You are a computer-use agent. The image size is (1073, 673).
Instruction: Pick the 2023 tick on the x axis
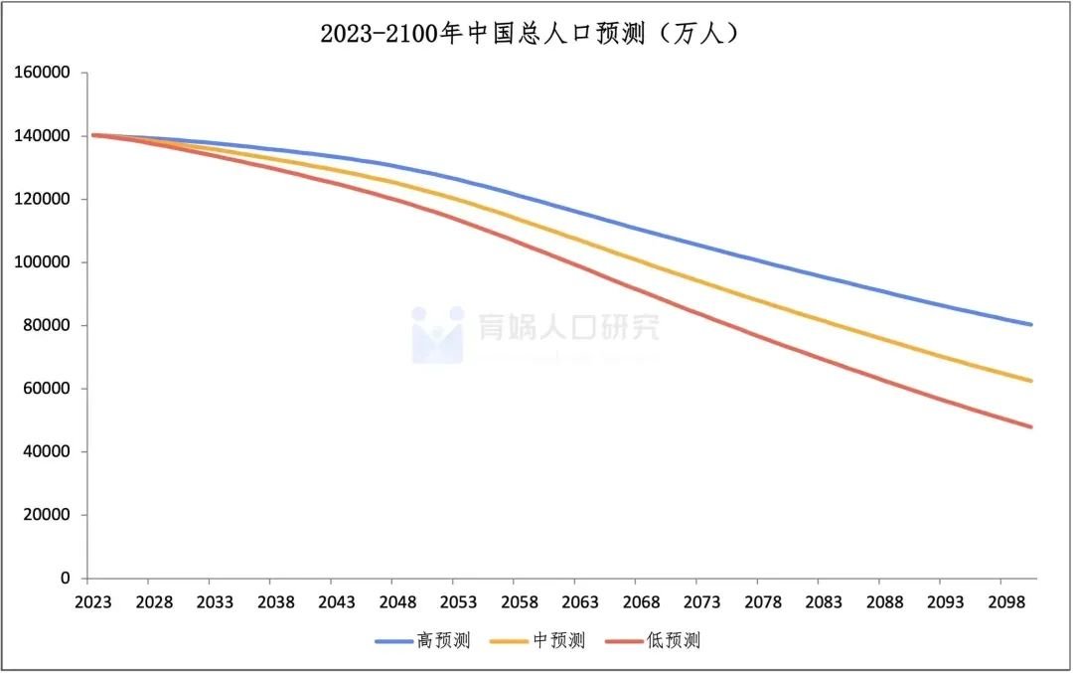coord(92,602)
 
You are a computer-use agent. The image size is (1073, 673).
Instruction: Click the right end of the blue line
coord(1031,324)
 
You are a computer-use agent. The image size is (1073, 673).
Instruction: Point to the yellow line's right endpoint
coord(1031,381)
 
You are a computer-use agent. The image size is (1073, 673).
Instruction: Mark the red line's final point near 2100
coord(1031,426)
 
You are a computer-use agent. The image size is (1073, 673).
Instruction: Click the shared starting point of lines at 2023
coord(92,135)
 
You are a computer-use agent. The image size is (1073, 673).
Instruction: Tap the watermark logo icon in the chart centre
coord(438,334)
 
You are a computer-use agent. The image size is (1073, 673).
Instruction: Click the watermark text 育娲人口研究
coord(568,328)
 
